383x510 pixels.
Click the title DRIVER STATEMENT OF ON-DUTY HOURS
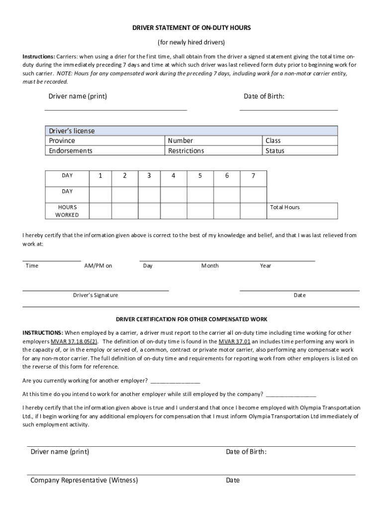(191, 28)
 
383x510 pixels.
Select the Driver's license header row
(191, 131)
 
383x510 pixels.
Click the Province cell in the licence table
(105, 140)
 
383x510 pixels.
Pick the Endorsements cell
(105, 150)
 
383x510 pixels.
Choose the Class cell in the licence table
(300, 140)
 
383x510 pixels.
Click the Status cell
(300, 150)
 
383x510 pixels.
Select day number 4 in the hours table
(174, 175)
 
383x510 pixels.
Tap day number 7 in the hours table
(253, 175)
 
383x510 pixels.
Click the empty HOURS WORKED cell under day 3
(148, 211)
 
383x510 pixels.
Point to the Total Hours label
(285, 207)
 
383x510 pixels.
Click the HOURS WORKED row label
(67, 211)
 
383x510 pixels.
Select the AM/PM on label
(98, 266)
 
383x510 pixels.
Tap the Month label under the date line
(210, 266)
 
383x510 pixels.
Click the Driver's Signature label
(96, 295)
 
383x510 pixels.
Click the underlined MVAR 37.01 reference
(235, 342)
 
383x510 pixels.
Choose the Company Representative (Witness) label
(84, 480)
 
